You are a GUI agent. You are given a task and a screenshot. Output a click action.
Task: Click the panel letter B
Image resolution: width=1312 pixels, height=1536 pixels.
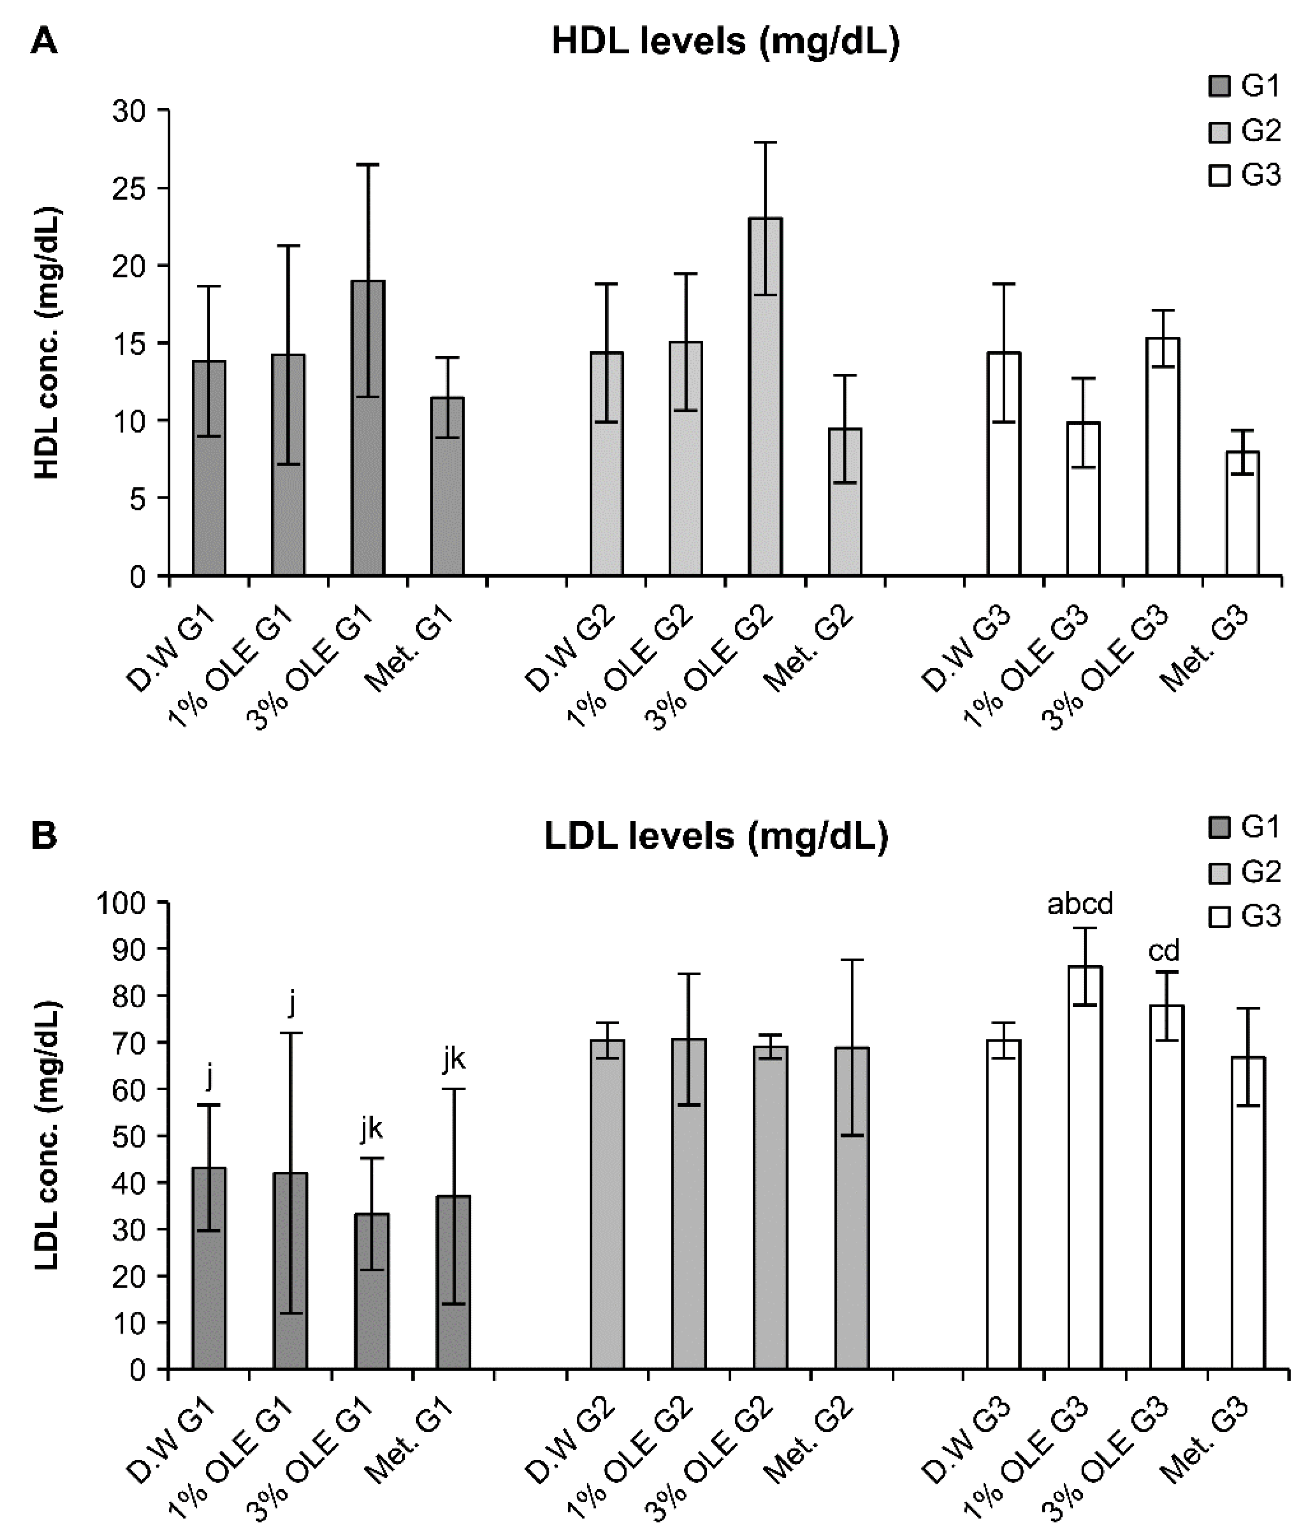44,837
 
